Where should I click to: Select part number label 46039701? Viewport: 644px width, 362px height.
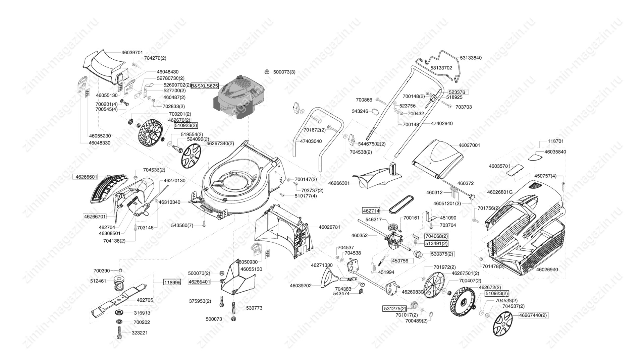pos(132,53)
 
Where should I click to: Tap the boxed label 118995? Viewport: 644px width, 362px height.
pos(172,283)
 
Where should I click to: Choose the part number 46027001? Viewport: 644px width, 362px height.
pos(469,145)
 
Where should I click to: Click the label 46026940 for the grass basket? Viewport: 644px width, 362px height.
pos(547,269)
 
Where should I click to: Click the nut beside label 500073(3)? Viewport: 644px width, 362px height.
pos(267,72)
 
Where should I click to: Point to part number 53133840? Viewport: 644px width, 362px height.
pos(471,58)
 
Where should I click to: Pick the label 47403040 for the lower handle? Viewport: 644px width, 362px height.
pos(311,141)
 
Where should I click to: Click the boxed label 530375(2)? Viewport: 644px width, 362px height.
pos(442,254)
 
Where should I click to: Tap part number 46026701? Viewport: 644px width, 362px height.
pos(329,227)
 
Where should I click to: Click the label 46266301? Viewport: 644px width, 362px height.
pos(339,183)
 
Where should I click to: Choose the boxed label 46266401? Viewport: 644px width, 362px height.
pos(199,282)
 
